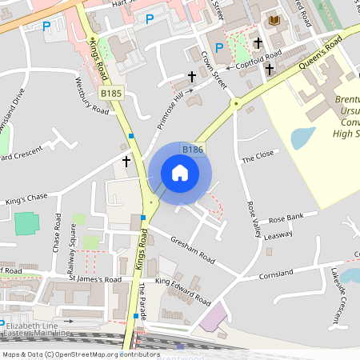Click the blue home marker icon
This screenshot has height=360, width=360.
click(x=180, y=172)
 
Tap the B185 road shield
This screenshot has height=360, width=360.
click(x=111, y=94)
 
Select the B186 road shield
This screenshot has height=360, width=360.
click(x=192, y=150)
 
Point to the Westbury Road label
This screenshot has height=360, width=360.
click(x=90, y=97)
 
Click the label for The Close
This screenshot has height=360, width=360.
click(x=258, y=158)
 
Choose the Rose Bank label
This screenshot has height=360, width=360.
click(x=286, y=218)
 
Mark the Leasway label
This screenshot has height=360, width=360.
click(x=278, y=235)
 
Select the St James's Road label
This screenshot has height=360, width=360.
click(x=94, y=280)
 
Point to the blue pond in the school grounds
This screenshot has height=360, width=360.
click(x=303, y=138)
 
